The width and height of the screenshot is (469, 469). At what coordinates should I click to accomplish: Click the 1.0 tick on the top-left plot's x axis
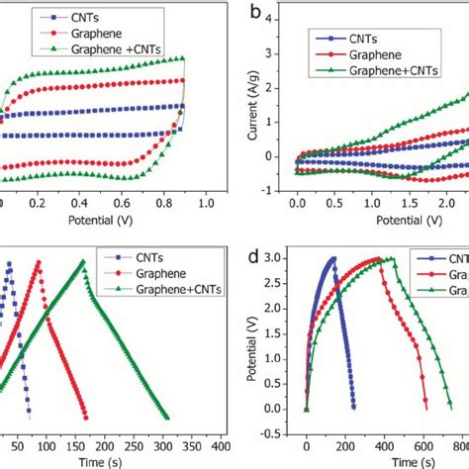[207, 202]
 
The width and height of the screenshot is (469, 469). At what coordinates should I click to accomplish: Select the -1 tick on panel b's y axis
[282, 188]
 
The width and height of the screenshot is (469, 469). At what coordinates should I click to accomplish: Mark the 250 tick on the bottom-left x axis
[131, 444]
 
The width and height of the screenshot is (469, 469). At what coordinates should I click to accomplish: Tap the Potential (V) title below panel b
[380, 217]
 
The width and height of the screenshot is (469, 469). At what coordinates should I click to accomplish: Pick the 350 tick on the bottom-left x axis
[199, 444]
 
